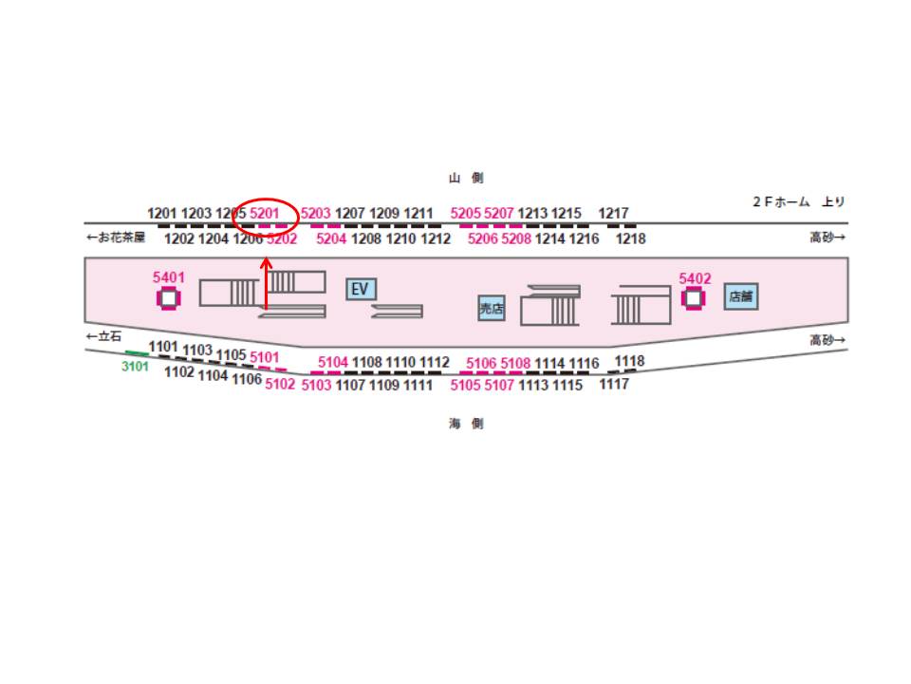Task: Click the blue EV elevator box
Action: [x=361, y=289]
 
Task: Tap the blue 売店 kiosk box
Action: [x=492, y=308]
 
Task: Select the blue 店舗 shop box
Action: [x=741, y=296]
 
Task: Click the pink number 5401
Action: [x=169, y=277]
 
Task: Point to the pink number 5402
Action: [x=695, y=278]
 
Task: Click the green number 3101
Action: [x=135, y=367]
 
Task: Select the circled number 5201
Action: [x=265, y=213]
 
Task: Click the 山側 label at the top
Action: [x=466, y=178]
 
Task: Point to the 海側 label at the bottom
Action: [x=466, y=424]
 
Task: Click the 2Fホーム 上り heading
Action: [x=798, y=201]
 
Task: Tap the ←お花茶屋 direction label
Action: [x=116, y=237]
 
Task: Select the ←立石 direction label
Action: [x=103, y=336]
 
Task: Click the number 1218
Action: [x=630, y=238]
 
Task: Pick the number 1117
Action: [x=614, y=384]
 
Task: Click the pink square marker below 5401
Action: [x=169, y=298]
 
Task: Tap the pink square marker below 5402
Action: [x=693, y=298]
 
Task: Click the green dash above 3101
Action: [x=137, y=353]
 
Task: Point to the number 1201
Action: [x=161, y=213]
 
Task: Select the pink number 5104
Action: [x=333, y=362]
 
